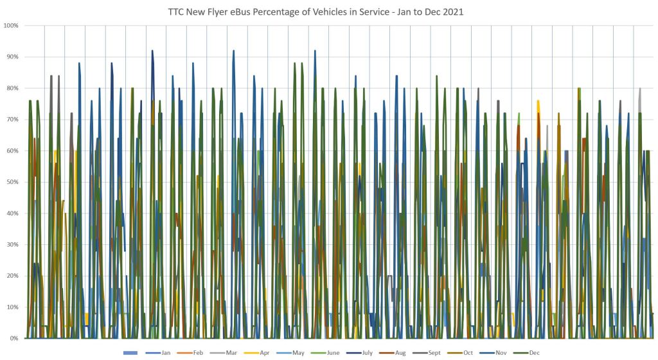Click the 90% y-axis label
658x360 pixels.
12,57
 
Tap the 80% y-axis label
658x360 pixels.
12,88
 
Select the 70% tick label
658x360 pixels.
12,120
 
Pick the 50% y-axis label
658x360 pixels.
12,182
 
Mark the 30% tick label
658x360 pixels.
12,245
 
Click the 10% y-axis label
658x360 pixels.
12,307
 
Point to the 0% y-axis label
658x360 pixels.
13,339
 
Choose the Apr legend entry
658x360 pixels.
262,353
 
